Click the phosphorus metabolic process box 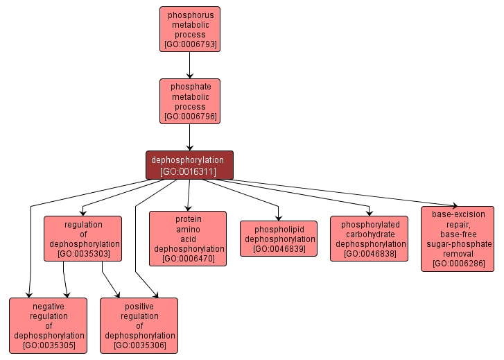[x=190, y=30]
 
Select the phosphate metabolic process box [x=190, y=101]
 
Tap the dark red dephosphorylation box [x=189, y=164]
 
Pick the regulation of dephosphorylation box [x=82, y=239]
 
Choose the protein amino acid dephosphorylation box [x=188, y=238]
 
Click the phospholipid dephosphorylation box [x=279, y=238]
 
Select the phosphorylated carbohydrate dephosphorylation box [x=370, y=238]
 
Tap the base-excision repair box [x=458, y=238]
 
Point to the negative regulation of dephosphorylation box [x=49, y=325]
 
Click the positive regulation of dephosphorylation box [x=139, y=325]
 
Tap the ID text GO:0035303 [x=83, y=255]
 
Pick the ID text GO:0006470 [x=189, y=259]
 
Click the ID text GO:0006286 [x=458, y=264]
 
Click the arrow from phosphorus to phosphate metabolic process [x=190, y=65]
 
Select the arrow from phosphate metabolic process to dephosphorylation [x=190, y=137]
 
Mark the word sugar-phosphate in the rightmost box [x=458, y=244]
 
